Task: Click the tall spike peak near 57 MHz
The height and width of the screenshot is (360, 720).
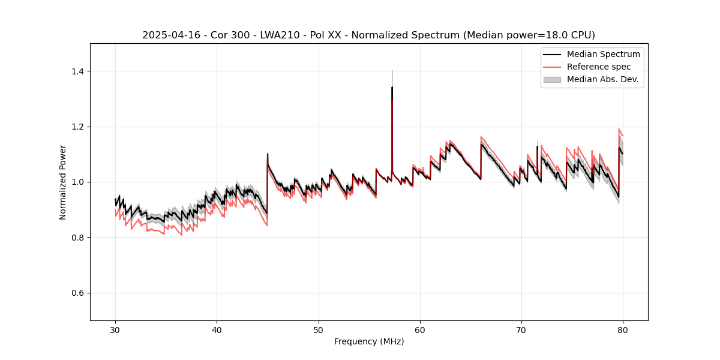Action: point(392,88)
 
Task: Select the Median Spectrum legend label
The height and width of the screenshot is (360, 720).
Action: point(603,54)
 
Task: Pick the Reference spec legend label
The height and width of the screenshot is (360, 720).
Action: point(598,67)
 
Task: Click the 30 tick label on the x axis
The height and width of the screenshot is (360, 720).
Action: point(116,329)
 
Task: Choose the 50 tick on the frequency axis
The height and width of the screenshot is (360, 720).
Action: point(319,329)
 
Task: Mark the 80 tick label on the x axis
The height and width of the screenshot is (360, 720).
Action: point(623,329)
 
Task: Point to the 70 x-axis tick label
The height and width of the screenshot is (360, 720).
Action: point(521,329)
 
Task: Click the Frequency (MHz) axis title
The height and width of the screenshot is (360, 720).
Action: point(369,341)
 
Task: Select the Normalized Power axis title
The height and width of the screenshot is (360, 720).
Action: point(63,182)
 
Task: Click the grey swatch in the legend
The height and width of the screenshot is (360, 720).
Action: point(552,79)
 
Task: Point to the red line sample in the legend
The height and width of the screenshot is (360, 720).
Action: point(552,67)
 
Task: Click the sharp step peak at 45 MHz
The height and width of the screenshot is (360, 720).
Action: point(268,154)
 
